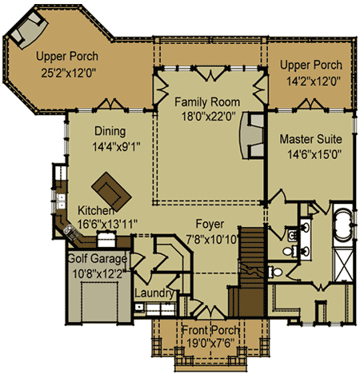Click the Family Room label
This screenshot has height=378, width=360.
click(207, 102)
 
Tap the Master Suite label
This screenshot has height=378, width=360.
click(311, 139)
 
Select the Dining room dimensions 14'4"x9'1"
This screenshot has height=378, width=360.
click(117, 147)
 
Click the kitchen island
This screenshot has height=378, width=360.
click(111, 191)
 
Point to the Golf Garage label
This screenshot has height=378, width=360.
click(98, 259)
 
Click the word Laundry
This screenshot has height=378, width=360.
click(154, 293)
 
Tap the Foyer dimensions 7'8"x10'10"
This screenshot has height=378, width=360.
click(212, 240)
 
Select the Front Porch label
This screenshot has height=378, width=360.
click(210, 330)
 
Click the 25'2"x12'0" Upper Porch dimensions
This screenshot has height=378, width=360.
click(68, 73)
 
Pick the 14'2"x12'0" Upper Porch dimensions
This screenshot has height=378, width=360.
click(314, 82)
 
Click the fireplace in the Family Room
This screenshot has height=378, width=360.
click(251, 136)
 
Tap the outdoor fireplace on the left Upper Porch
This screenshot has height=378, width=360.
click(28, 28)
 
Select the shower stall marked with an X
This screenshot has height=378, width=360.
click(344, 265)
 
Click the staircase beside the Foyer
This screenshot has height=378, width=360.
click(251, 271)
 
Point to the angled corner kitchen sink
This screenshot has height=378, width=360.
click(70, 231)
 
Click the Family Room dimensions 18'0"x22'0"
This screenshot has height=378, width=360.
click(209, 117)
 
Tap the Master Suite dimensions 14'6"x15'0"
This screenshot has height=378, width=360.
click(314, 154)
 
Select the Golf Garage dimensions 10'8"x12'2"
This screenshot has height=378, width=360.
click(98, 274)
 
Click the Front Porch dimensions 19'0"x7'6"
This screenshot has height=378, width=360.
click(210, 343)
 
